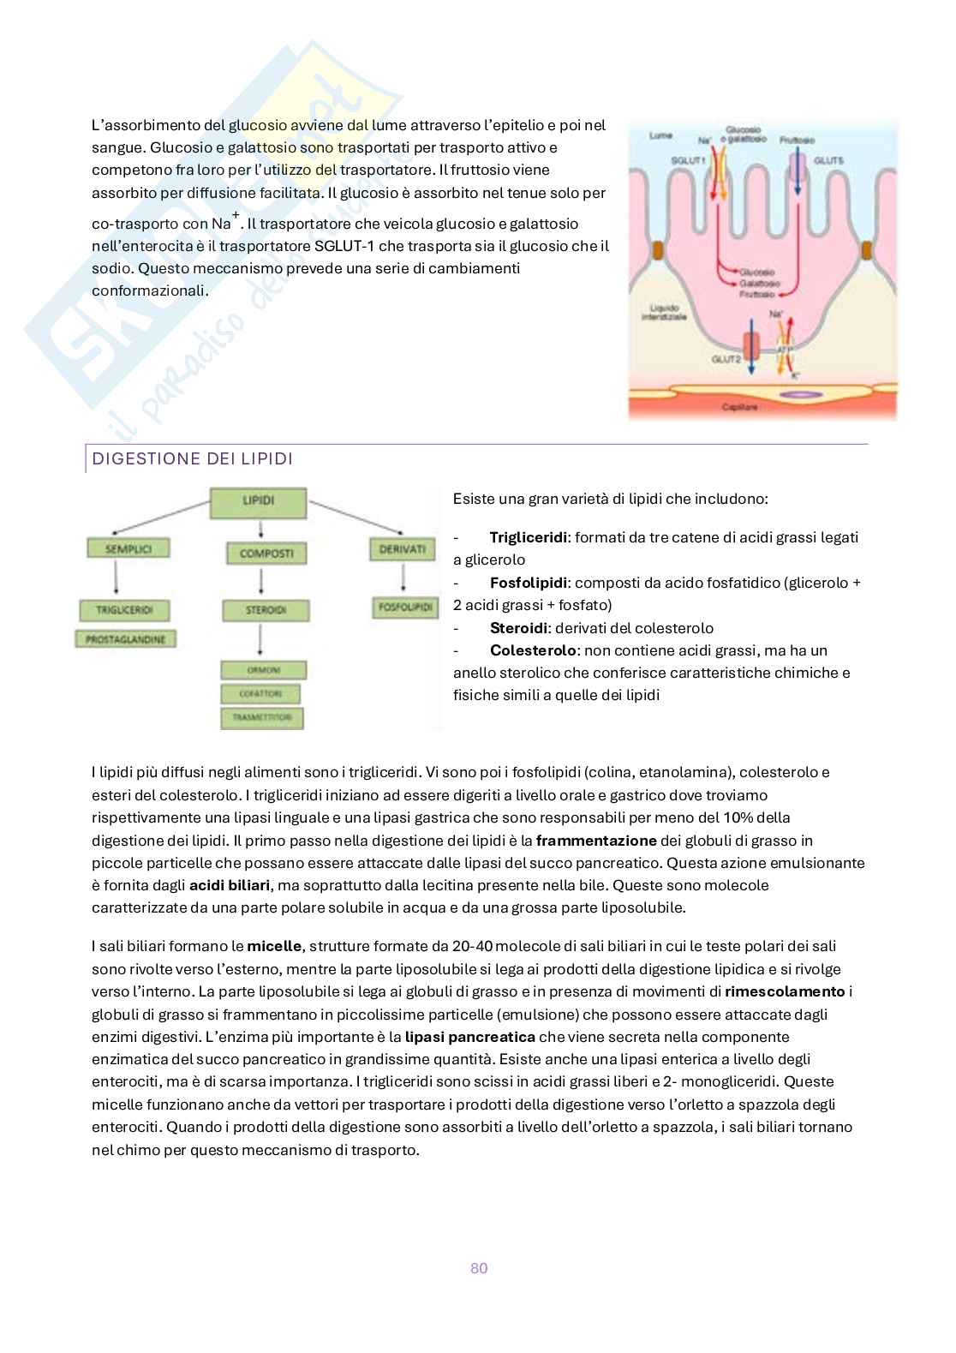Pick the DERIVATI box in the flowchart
tap(402, 548)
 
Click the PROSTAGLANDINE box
tap(125, 639)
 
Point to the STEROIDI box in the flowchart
tap(266, 611)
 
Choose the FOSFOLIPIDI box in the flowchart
tap(403, 607)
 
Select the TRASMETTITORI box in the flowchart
tap(261, 717)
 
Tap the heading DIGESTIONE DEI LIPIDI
tap(192, 459)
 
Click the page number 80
tap(479, 1268)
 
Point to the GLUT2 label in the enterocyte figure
tap(725, 360)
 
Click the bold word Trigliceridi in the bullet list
tap(529, 538)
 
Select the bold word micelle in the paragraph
tap(274, 947)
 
